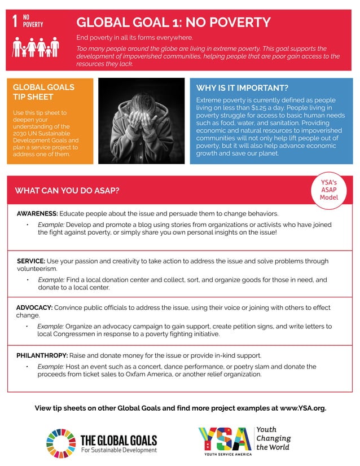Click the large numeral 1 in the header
point(15,21)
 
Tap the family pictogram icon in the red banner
point(36,46)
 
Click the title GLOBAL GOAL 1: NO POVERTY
point(173,23)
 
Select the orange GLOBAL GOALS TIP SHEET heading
point(43,92)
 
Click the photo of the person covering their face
point(141,121)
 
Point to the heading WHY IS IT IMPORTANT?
point(242,88)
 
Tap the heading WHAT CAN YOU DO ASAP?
point(67,191)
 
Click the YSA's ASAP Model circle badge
point(328,190)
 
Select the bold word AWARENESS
point(37,214)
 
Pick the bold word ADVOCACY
point(34,307)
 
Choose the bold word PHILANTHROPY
point(42,355)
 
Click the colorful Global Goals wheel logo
point(60,443)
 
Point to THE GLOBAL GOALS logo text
point(118,440)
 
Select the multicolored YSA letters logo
point(224,439)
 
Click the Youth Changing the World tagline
point(274,438)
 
